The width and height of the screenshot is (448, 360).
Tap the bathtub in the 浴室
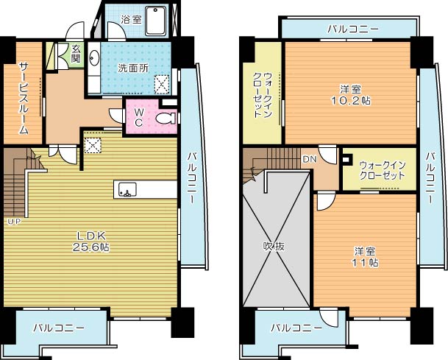tap(155, 20)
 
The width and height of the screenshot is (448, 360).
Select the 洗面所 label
tap(132, 68)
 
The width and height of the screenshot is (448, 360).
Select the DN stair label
tap(309, 158)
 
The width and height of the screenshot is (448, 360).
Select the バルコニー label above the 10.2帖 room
tap(353, 29)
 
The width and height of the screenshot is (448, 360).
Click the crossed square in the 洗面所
tap(162, 83)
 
